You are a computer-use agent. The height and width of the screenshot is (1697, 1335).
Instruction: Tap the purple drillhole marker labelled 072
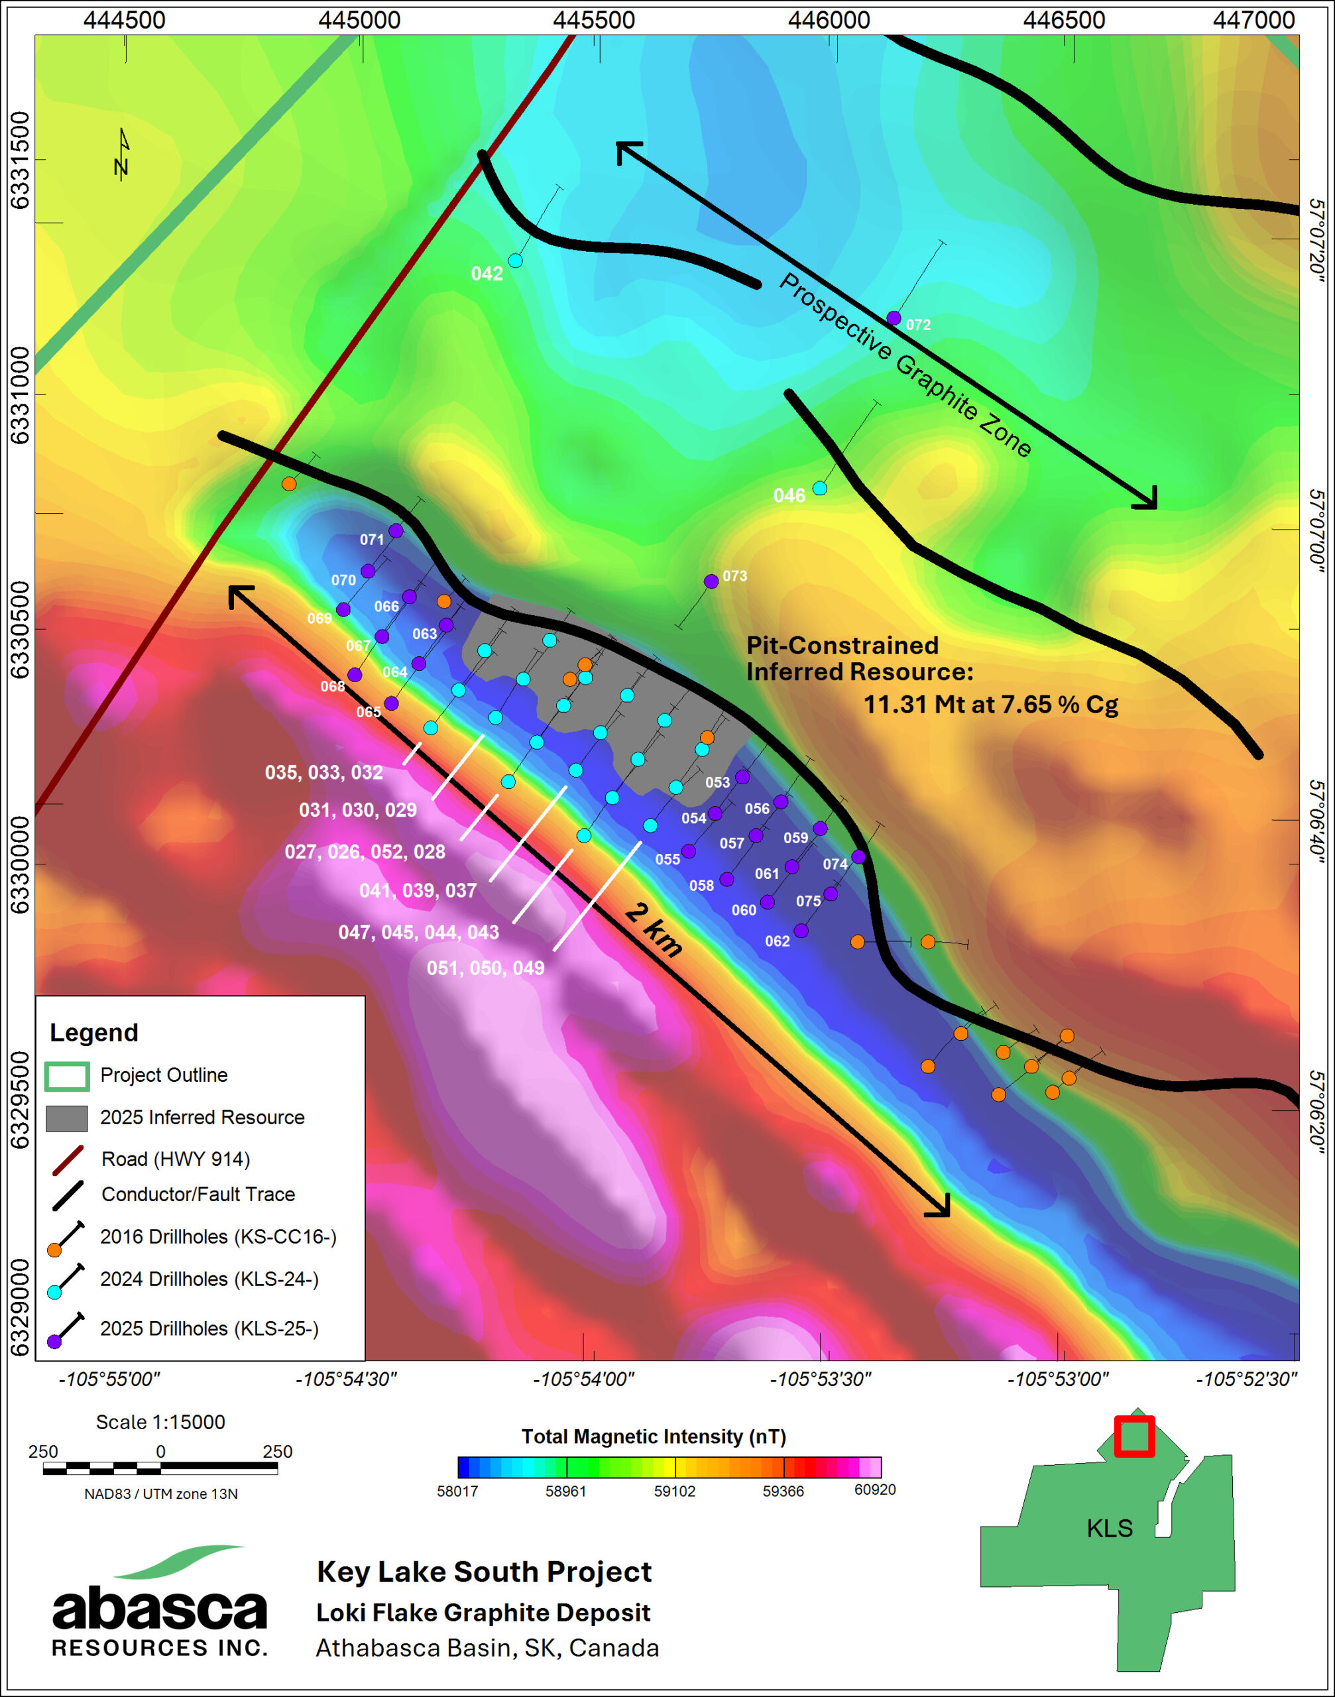point(894,318)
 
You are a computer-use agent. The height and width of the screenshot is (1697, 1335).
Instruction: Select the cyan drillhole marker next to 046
point(819,488)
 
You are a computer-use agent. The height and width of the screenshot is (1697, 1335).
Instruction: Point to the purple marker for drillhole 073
point(711,581)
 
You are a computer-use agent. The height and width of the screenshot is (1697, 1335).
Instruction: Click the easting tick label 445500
point(593,19)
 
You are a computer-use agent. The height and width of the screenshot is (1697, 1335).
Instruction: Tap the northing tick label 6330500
point(19,629)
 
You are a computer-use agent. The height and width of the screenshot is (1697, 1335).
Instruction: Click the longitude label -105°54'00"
point(583,1379)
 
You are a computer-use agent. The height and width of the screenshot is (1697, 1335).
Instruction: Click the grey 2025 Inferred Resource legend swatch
point(66,1118)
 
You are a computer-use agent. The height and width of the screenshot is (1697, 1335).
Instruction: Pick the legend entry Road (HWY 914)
point(175,1159)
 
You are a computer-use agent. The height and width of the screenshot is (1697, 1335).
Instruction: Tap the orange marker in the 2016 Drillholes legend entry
point(54,1250)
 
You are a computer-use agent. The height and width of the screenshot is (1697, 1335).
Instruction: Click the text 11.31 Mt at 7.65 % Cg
point(990,704)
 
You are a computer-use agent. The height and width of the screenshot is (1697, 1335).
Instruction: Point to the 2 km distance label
point(654,929)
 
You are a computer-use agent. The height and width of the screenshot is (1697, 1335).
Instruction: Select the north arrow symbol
point(122,154)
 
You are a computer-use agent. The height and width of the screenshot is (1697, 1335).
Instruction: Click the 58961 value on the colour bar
point(566,1491)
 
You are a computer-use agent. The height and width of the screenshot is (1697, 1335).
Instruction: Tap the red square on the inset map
point(1134,1436)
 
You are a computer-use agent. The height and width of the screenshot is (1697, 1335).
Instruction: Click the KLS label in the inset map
point(1109,1527)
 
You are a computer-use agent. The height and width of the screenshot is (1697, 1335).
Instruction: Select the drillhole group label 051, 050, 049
point(485,968)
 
